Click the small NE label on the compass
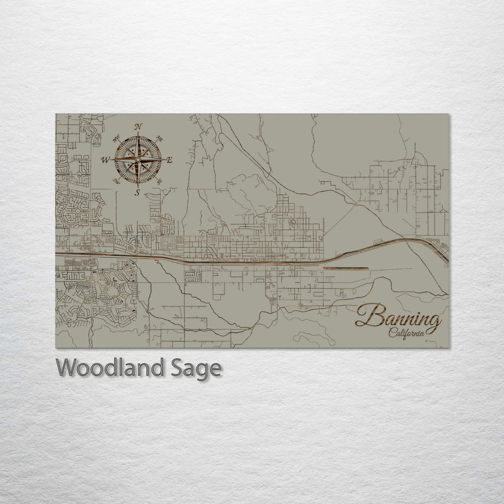pos(158,139)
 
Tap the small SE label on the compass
pos(159,182)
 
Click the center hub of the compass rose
pos(138,160)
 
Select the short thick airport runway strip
pos(345,268)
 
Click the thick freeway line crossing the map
pos(189,258)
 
